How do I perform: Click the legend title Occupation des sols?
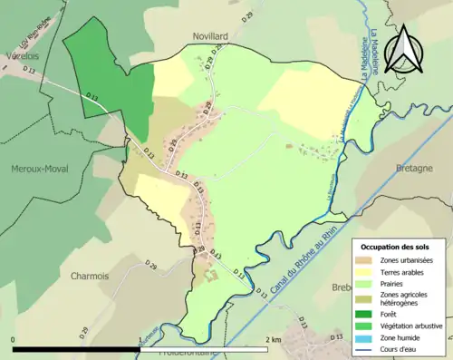401,247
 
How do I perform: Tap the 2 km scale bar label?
271,339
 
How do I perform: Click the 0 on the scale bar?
14,339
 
